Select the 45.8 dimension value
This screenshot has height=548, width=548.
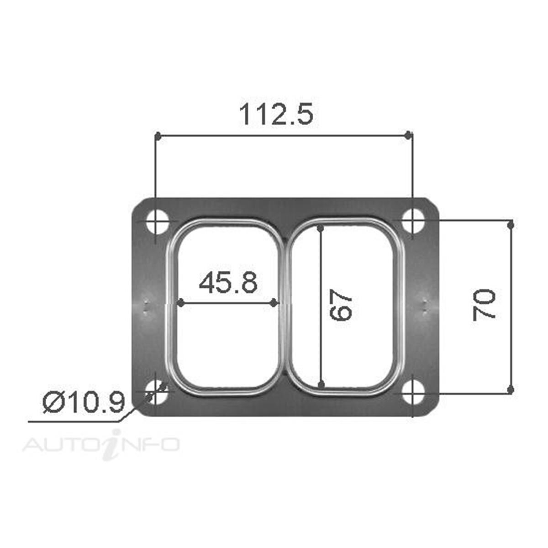point(228,283)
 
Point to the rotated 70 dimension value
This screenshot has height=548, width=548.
point(484,305)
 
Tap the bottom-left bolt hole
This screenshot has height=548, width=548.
point(156,392)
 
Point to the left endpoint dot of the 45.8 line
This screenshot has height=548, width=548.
point(180,303)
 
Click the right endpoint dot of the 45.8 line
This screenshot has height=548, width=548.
point(274,303)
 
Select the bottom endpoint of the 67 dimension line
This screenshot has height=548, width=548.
point(321,385)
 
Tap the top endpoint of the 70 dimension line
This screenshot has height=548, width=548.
point(511,224)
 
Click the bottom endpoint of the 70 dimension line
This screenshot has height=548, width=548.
point(511,389)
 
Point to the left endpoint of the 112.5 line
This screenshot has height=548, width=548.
point(157,136)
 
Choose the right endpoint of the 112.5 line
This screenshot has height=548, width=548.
point(409,135)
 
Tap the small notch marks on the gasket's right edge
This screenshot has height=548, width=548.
point(425,306)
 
